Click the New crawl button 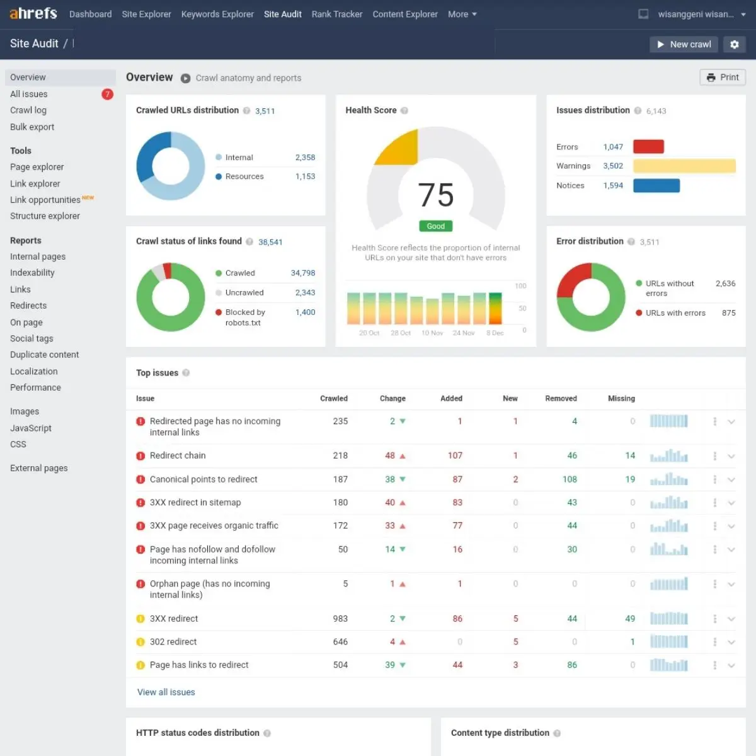(x=684, y=44)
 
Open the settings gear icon (x=735, y=44)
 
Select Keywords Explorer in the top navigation (x=217, y=14)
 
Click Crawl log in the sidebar (x=28, y=110)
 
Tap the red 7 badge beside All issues (x=107, y=94)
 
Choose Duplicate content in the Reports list (x=45, y=355)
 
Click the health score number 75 (x=435, y=195)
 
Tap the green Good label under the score (x=435, y=226)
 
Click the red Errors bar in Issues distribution (x=648, y=147)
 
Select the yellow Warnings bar (x=684, y=166)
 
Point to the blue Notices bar (x=656, y=185)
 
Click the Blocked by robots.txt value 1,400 (x=305, y=312)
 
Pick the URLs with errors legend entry (x=675, y=312)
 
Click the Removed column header (x=561, y=398)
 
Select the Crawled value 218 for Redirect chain (x=340, y=455)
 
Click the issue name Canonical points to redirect (x=203, y=479)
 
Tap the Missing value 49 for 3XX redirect (x=630, y=619)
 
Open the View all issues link (x=166, y=692)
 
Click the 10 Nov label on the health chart (x=432, y=333)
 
